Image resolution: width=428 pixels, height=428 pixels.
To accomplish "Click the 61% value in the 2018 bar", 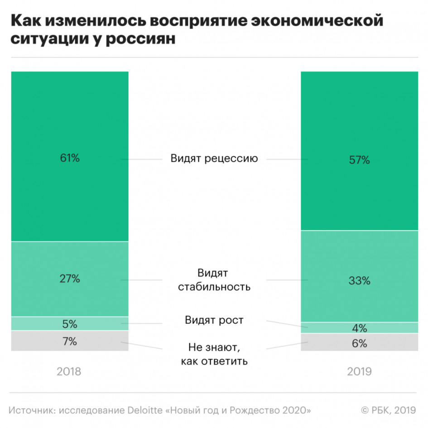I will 70,159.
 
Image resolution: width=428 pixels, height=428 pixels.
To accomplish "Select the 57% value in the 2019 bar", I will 360,160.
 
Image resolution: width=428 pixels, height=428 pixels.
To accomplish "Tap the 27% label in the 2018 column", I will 70,279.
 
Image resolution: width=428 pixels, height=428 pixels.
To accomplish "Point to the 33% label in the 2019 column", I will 360,281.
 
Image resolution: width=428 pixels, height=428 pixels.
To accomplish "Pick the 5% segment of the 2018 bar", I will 70,324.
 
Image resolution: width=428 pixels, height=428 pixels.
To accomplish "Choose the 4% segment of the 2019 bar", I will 360,328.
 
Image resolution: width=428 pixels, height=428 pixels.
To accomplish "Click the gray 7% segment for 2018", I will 70,341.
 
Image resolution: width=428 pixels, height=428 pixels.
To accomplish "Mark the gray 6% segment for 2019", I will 360,343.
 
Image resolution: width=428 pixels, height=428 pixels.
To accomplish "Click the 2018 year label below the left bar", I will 69,372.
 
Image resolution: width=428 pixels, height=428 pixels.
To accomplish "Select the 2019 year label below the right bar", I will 360,372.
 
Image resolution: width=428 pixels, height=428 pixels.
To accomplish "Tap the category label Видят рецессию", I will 214,159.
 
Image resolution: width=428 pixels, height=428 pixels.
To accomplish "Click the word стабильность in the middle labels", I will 214,287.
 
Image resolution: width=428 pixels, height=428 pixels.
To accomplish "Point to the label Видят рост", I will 214,320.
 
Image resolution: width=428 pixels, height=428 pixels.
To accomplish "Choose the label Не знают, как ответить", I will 214,354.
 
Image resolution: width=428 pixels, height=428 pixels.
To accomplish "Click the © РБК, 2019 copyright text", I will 388,410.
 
